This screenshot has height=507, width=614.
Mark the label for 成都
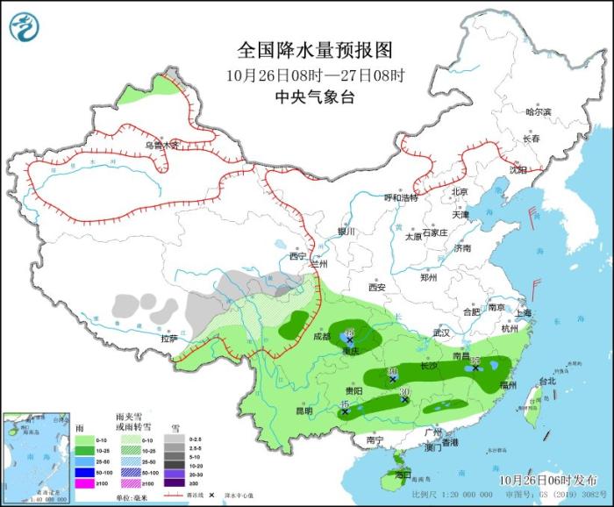click(320, 336)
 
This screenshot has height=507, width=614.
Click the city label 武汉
click(440, 332)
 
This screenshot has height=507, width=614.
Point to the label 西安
click(377, 287)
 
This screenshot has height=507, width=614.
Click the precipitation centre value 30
click(405, 391)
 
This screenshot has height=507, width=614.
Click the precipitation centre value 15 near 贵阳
click(345, 402)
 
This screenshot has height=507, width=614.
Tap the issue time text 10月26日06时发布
click(546, 480)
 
